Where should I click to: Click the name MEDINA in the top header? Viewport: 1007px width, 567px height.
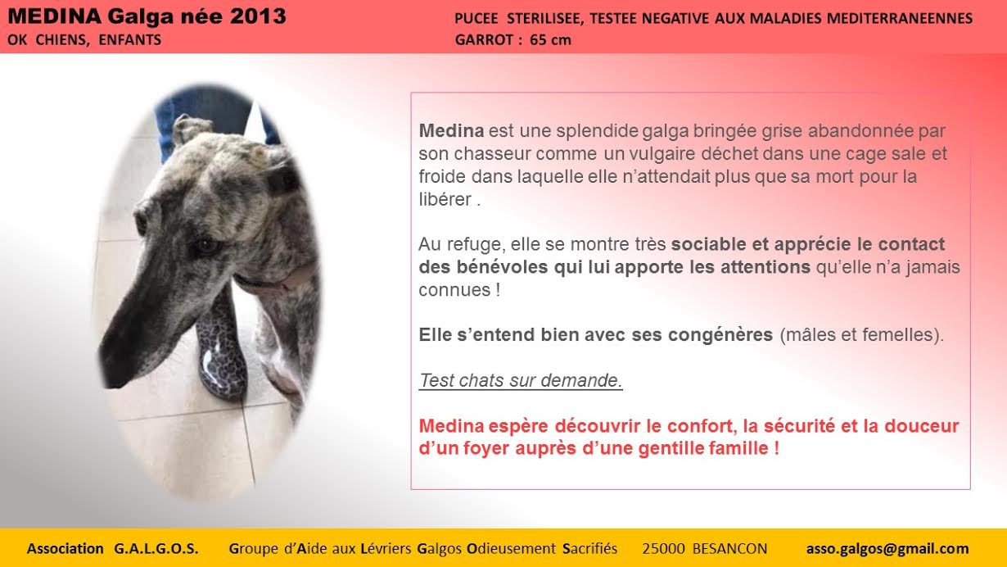tap(54, 16)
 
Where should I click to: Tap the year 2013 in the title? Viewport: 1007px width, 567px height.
tap(258, 16)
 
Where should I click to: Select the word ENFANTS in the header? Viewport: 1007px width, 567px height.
tap(130, 40)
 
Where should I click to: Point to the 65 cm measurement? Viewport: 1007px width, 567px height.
tap(550, 40)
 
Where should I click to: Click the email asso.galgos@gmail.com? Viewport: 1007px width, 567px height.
tap(887, 548)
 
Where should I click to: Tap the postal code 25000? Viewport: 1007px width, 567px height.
tap(663, 548)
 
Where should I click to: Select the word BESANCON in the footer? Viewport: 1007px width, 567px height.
tap(729, 548)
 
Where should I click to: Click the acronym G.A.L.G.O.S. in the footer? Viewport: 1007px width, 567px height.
tap(156, 548)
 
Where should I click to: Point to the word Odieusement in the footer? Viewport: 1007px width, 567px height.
tap(512, 548)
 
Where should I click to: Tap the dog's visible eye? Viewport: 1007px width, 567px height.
tap(206, 246)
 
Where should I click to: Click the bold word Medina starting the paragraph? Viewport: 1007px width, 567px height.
tap(451, 131)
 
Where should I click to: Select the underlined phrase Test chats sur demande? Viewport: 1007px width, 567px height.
tap(521, 380)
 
